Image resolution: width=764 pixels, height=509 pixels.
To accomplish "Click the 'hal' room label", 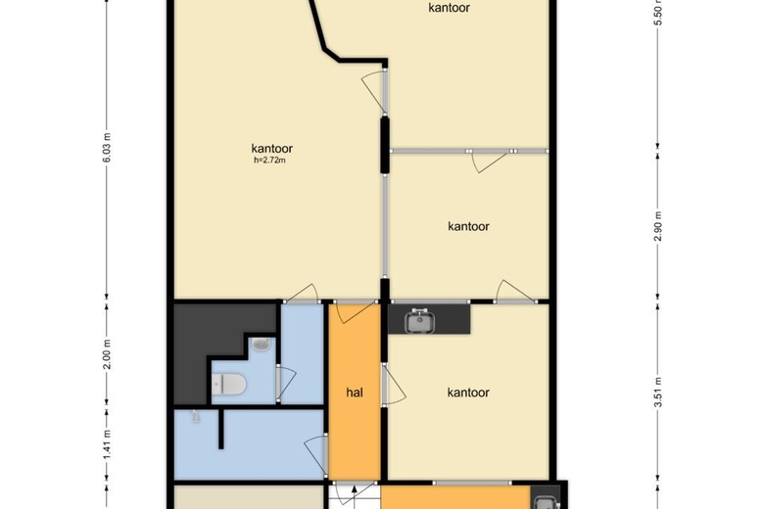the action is pos(355,393).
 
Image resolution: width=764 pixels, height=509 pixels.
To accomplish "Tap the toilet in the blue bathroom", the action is pos(229,385).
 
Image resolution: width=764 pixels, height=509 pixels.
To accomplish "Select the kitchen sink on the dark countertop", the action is pos(419,321).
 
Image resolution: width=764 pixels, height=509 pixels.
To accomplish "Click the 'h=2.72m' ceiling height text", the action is pos(269,160).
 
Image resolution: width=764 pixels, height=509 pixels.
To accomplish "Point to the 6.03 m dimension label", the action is pos(108,148).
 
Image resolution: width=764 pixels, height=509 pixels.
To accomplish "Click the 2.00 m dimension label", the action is pos(108,354).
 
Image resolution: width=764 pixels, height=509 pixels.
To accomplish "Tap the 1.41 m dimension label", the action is pos(108,443).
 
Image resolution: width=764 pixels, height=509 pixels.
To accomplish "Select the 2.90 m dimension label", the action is pos(658,226).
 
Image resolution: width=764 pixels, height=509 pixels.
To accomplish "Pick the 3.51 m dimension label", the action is pos(658,393).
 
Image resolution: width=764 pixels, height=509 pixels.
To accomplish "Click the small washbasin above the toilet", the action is pos(262,344).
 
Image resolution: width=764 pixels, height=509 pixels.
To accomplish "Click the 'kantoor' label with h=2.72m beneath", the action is pos(272,149).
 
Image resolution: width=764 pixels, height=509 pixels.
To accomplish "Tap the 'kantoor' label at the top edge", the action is pos(450,7).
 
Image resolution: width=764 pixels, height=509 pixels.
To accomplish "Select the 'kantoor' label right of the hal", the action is pos(468,393).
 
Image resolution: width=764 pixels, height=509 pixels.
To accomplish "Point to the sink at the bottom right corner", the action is pos(545,503).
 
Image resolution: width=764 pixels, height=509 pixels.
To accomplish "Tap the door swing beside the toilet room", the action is pos(287,383).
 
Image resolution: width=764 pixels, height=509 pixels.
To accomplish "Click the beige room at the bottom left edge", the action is pos(249,497).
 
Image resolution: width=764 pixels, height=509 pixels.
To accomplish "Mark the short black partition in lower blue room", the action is pos(221,429).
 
